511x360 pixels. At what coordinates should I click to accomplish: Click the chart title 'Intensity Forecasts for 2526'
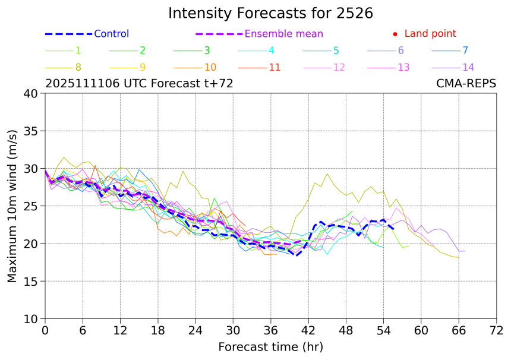270,13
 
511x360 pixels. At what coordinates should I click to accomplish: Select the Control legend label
111,34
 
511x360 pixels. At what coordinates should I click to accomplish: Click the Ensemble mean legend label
283,34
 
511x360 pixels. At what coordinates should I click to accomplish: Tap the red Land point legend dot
396,34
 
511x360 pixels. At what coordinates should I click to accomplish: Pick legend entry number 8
78,67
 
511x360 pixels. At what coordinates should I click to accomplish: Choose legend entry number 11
274,67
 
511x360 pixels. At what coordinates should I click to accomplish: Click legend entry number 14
468,67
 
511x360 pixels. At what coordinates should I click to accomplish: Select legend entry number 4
271,50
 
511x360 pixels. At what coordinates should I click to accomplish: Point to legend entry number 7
465,50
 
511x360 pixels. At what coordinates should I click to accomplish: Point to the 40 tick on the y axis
31,93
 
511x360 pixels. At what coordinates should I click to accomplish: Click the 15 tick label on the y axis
31,281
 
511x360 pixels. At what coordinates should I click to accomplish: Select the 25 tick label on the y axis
31,206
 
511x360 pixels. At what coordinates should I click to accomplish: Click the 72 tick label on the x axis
497,330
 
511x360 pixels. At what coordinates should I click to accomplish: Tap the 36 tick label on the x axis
271,330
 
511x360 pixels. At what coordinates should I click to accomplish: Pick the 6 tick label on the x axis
83,330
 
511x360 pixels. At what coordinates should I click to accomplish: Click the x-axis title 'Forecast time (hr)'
270,346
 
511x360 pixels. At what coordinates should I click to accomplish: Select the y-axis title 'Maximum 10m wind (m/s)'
12,206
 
